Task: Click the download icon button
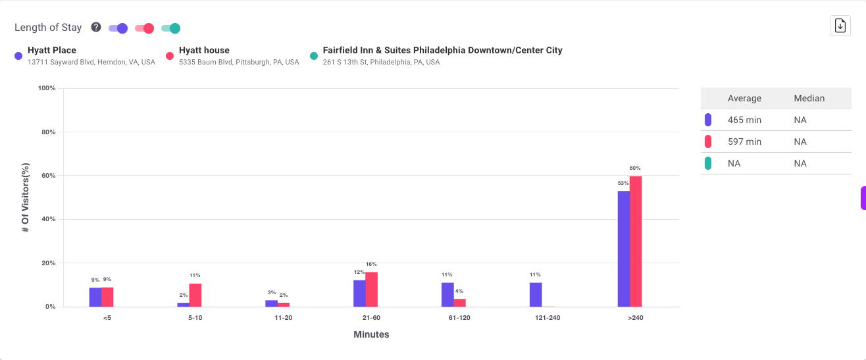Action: (x=840, y=26)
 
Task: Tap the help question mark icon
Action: (x=96, y=28)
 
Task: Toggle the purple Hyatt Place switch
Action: (x=118, y=28)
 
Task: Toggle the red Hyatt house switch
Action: (x=144, y=28)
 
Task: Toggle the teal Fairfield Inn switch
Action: (x=170, y=28)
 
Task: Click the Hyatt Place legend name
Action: (x=52, y=50)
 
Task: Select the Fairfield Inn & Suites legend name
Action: (x=442, y=50)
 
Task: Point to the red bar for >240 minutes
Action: (x=636, y=241)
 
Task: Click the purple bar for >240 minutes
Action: (x=623, y=249)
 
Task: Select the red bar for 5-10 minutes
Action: (x=195, y=295)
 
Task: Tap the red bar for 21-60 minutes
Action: (x=372, y=290)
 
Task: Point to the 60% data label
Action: (x=635, y=168)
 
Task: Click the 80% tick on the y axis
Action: (x=47, y=132)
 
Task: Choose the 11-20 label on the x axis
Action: (x=284, y=318)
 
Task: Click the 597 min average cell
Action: (x=744, y=141)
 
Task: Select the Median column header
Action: (x=809, y=98)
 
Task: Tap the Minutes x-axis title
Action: (x=371, y=334)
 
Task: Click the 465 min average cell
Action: (x=744, y=120)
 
